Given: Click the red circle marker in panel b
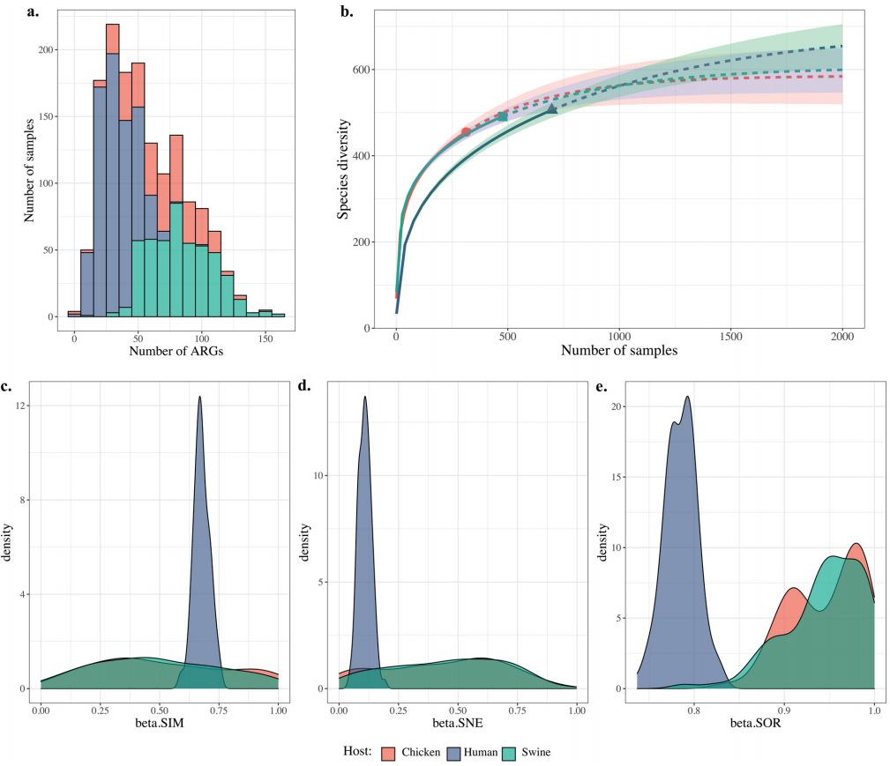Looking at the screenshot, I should click(x=466, y=132).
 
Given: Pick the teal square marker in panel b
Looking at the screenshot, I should click(x=503, y=116).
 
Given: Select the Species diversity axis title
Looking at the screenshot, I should click(x=344, y=169).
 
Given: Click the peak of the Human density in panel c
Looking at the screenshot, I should click(x=200, y=397).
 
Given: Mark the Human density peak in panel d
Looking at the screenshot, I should click(x=364, y=397).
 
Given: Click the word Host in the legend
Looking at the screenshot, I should click(x=357, y=752).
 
